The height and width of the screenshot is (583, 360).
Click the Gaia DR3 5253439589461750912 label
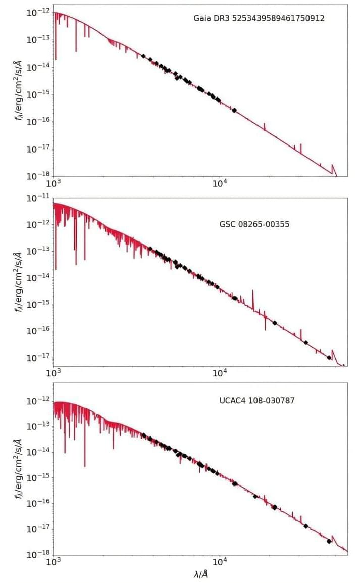[x=259, y=18]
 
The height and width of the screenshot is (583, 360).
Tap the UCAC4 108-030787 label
[x=257, y=401]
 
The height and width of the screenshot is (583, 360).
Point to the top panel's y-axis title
[x=19, y=91]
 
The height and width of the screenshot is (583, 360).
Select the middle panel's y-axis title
[x=19, y=281]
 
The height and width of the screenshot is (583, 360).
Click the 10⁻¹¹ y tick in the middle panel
[x=38, y=198]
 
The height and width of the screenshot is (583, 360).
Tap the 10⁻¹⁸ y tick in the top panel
[x=38, y=176]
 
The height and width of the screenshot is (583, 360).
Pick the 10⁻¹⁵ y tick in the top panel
[x=38, y=94]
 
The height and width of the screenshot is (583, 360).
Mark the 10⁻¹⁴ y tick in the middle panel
[x=38, y=278]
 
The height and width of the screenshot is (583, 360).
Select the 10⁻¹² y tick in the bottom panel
[x=38, y=401]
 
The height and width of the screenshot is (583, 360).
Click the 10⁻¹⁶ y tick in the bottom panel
[x=38, y=503]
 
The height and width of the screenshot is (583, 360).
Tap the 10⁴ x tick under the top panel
[x=220, y=184]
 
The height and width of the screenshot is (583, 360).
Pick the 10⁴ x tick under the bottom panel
[x=220, y=562]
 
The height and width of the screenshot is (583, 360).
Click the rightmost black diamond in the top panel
[x=234, y=110]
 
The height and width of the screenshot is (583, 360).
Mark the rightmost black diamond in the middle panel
[x=329, y=358]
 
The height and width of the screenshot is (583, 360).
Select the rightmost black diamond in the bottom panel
[x=329, y=541]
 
